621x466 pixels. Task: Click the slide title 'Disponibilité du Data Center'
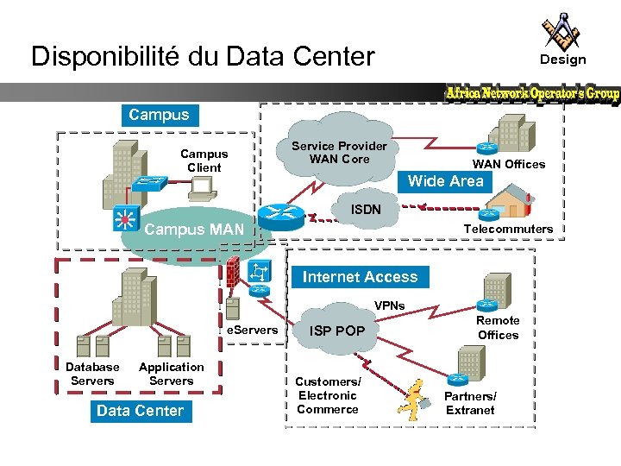click(x=203, y=57)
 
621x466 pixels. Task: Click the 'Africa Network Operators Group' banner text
click(x=532, y=93)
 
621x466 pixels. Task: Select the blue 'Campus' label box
click(x=159, y=114)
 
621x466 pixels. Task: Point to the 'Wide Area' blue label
click(x=446, y=181)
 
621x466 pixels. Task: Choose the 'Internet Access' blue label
click(x=360, y=277)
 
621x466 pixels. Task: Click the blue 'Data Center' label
click(x=140, y=411)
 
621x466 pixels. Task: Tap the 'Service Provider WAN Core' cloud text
click(x=339, y=153)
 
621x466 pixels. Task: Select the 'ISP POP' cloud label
click(x=337, y=331)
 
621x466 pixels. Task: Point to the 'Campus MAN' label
click(x=194, y=230)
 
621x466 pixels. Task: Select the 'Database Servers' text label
click(x=92, y=374)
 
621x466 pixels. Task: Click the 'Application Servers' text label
click(x=171, y=374)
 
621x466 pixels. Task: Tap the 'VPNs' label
click(x=389, y=305)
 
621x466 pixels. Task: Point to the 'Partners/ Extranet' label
click(x=470, y=403)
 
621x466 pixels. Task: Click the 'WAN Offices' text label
click(x=508, y=164)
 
